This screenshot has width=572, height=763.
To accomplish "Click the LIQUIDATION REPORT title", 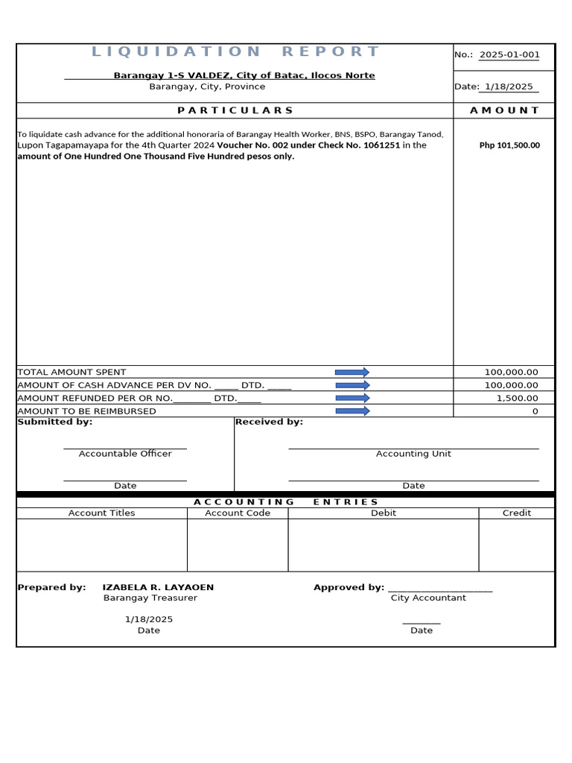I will [235, 51].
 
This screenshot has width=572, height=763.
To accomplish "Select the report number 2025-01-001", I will [509, 55].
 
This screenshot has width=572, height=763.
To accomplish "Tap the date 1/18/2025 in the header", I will [509, 86].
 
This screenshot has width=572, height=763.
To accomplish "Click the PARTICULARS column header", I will [235, 110].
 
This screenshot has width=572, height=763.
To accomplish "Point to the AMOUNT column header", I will [504, 110].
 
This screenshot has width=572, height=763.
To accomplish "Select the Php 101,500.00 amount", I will [509, 145].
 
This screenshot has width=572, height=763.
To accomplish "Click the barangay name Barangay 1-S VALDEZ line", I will [244, 75].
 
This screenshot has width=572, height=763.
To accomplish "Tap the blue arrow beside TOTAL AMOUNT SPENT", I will [352, 372].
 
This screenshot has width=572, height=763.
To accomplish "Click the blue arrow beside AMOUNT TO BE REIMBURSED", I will [352, 411].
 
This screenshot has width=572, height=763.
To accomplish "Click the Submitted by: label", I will [54, 422].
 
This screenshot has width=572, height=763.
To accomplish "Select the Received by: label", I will [269, 422].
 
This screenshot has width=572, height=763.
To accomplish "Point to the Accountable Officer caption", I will [125, 454].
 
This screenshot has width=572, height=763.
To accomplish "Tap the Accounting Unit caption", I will [413, 454].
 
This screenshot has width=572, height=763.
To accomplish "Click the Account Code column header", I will [238, 513].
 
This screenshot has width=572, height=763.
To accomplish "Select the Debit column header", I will [384, 513].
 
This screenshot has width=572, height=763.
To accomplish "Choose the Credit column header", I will [517, 513].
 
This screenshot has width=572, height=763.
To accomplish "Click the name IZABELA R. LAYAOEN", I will [158, 587].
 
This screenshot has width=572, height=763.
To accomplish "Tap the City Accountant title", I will [428, 598].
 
